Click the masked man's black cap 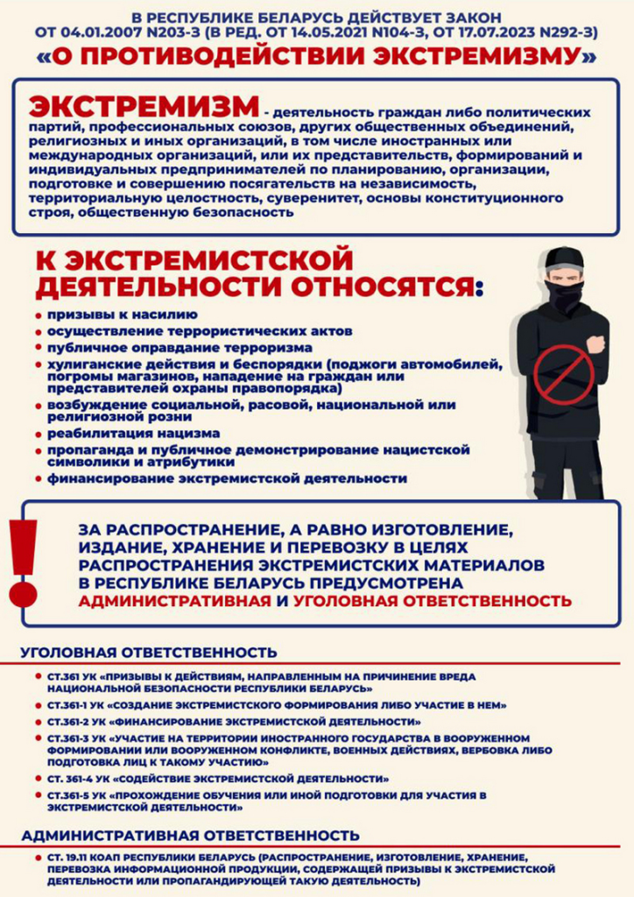[565, 259]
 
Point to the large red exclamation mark [24, 562]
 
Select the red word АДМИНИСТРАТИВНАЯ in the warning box [174, 602]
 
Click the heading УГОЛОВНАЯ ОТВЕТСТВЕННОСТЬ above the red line [149, 653]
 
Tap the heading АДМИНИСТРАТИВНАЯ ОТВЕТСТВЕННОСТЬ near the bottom [190, 836]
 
